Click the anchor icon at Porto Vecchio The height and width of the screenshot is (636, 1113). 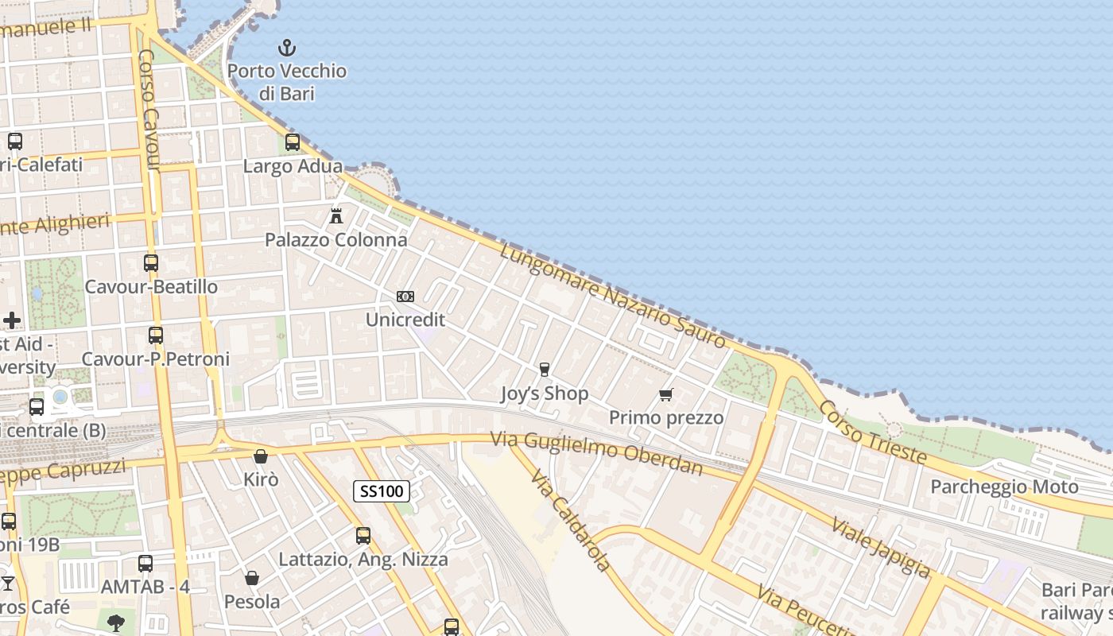(x=286, y=48)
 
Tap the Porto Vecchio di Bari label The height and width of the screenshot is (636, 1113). (x=287, y=82)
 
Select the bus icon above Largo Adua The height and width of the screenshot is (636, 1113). (x=293, y=142)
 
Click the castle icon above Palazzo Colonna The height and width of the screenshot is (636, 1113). (x=336, y=215)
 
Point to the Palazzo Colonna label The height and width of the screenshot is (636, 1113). (x=335, y=239)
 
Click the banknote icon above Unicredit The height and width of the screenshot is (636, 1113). (x=405, y=297)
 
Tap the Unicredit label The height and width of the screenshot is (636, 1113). (x=405, y=320)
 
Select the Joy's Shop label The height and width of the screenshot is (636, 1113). (x=545, y=394)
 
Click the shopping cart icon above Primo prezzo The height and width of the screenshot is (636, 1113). (x=666, y=394)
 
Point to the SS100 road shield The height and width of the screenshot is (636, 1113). (x=382, y=491)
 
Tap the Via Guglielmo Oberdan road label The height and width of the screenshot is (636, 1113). (x=596, y=452)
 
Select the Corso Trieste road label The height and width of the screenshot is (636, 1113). (x=872, y=431)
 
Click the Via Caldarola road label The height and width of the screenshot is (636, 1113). (x=571, y=521)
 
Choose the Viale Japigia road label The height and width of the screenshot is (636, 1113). (x=881, y=547)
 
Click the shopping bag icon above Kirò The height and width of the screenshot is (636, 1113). (x=260, y=456)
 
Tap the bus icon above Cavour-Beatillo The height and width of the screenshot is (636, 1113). (x=151, y=262)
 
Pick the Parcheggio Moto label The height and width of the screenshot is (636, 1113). (x=1004, y=487)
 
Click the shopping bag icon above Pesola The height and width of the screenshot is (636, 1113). (x=252, y=578)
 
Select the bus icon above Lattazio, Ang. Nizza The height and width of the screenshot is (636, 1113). (x=363, y=536)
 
